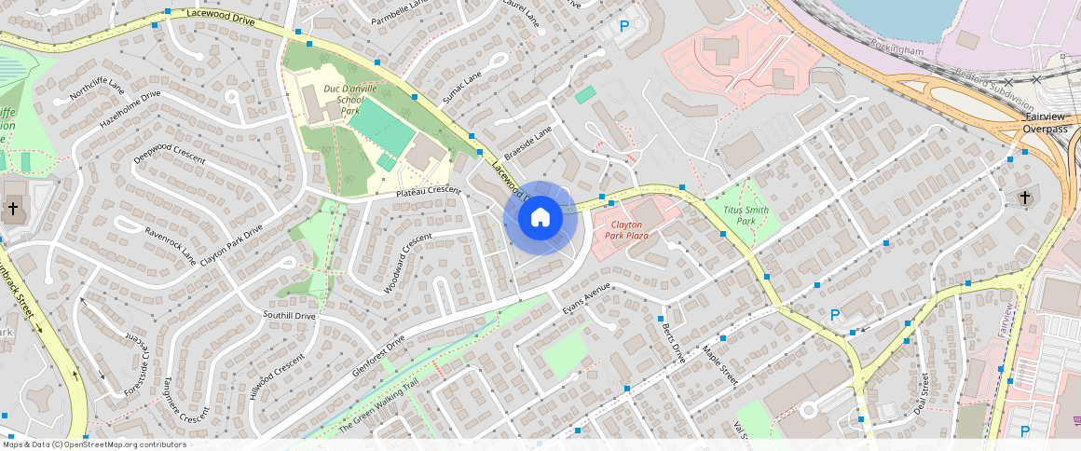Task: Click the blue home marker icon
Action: click(x=540, y=218)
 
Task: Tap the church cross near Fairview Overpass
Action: click(x=1025, y=198)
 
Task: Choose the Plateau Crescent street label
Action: click(x=429, y=191)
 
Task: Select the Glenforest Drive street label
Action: click(x=380, y=354)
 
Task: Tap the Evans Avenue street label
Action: click(x=585, y=299)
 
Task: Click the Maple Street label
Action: click(x=720, y=365)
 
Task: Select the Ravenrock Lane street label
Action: click(x=171, y=242)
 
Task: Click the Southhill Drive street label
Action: click(x=289, y=316)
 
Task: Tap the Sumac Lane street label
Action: click(x=462, y=88)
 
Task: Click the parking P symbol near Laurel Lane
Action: click(x=624, y=26)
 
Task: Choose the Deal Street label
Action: click(x=922, y=392)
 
